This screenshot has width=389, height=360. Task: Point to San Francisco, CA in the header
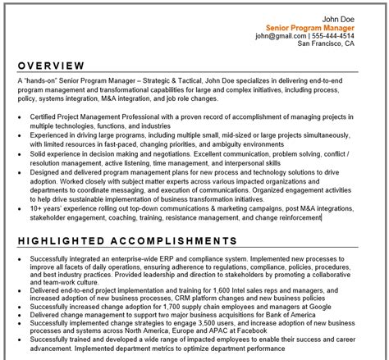tap(326, 46)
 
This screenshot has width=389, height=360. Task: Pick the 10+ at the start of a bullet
tap(38, 208)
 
